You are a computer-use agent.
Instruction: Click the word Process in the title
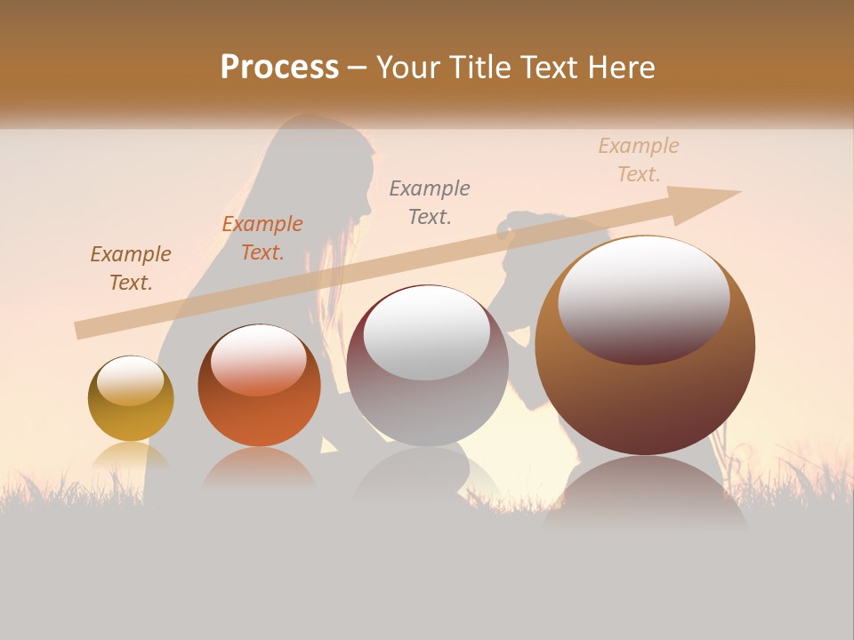(x=279, y=68)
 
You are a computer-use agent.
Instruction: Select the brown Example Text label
(x=131, y=268)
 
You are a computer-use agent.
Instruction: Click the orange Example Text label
(x=262, y=238)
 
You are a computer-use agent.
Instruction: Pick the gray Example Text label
(x=430, y=202)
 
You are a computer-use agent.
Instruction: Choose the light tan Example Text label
(x=639, y=160)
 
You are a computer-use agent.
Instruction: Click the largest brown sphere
(x=645, y=391)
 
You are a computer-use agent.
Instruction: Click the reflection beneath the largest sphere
(x=645, y=493)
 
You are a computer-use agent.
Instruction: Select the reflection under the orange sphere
(x=259, y=467)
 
